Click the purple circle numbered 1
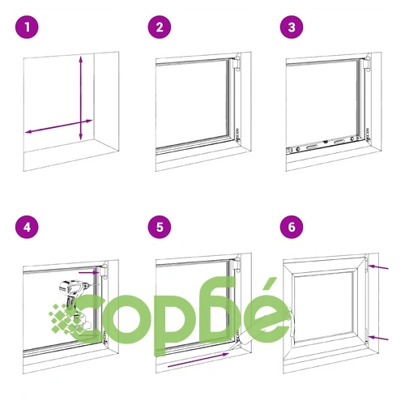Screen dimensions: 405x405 coord(27,27)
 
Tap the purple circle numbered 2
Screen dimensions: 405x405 coord(160,27)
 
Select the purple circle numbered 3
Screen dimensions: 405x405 coord(292,27)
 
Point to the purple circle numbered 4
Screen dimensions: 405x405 coord(27,227)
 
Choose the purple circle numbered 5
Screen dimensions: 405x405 coord(160,227)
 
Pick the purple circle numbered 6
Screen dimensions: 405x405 coord(292,227)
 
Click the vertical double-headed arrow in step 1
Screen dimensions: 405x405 coord(81,98)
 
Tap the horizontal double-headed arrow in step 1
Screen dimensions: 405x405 coord(58,126)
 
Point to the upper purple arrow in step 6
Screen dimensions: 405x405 coord(378,267)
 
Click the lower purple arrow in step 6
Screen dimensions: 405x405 coord(378,338)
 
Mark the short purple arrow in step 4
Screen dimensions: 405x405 coord(89,272)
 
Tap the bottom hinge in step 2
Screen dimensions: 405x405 coord(237,135)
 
